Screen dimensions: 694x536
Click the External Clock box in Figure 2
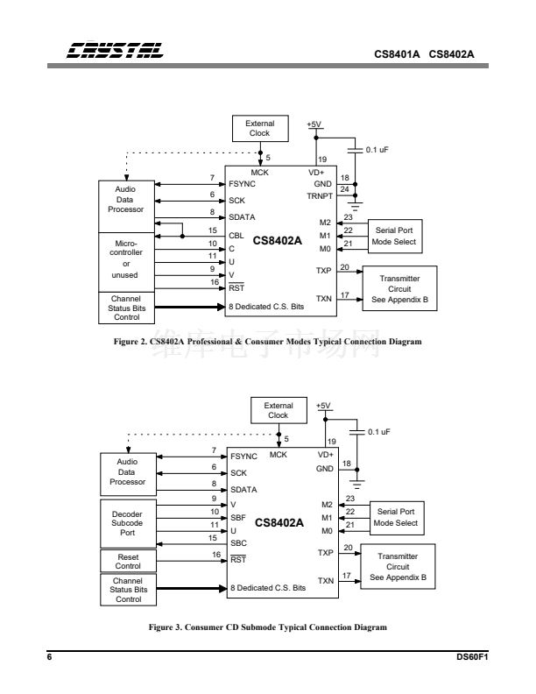pyautogui.click(x=260, y=129)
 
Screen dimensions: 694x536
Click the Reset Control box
pyautogui.click(x=127, y=560)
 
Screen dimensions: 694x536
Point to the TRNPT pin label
pyautogui.click(x=321, y=197)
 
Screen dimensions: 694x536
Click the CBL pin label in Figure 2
pyautogui.click(x=236, y=234)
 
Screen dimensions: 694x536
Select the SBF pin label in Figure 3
pyautogui.click(x=237, y=518)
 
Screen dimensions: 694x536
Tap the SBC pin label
pyautogui.click(x=237, y=542)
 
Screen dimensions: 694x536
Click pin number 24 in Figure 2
pyautogui.click(x=344, y=189)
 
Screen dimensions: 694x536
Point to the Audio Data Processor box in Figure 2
pyautogui.click(x=126, y=198)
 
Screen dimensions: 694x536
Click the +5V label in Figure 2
pyautogui.click(x=314, y=125)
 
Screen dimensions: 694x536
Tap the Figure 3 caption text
pyautogui.click(x=268, y=627)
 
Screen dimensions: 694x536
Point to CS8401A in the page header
pyautogui.click(x=397, y=53)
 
